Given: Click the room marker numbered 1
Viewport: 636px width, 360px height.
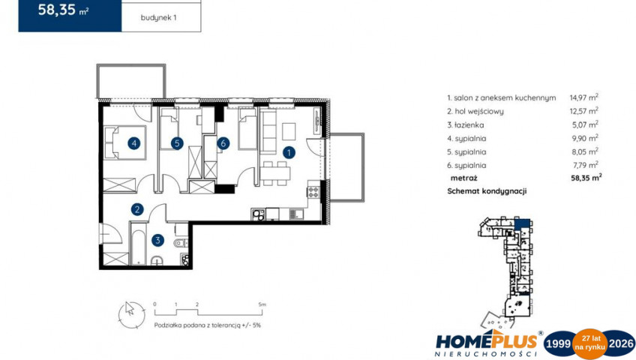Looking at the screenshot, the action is click(289, 153).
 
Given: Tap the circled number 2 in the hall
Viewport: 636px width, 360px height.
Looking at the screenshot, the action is click(137, 209).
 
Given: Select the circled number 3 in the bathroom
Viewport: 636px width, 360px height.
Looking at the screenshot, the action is click(157, 241).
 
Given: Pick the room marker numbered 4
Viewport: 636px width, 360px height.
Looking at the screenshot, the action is click(133, 142).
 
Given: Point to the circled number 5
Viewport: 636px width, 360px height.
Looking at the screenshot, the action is click(177, 142).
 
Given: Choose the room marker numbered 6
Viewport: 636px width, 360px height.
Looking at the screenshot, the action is click(223, 142).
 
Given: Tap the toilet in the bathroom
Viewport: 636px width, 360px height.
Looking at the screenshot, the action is click(181, 243).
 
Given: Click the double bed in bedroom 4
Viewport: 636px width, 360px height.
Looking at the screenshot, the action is click(125, 142).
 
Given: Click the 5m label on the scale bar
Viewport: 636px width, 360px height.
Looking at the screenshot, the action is click(262, 304).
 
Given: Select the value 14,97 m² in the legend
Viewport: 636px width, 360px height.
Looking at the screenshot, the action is click(583, 97).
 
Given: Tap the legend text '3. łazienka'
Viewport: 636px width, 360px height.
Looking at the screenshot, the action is click(465, 124).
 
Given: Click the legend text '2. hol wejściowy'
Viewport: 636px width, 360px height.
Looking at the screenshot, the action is click(475, 111).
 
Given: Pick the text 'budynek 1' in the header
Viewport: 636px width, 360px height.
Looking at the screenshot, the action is click(158, 18).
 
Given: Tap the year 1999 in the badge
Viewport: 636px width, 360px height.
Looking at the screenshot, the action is click(558, 343).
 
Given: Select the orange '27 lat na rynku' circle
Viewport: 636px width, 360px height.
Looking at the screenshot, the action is click(589, 343).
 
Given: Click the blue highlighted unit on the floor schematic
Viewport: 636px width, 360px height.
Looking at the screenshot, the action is click(523, 223).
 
